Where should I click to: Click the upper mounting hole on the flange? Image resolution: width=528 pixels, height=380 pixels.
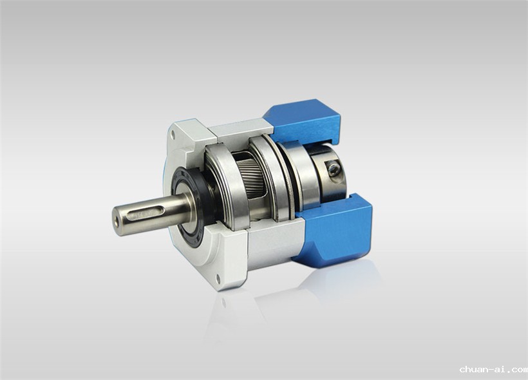(x=173, y=135)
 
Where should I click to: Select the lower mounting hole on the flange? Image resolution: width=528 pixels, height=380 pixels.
(x=218, y=279)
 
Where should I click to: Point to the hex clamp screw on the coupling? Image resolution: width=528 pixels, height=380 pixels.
(x=334, y=167)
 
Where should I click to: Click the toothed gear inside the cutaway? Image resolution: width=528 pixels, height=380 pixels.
(x=249, y=178)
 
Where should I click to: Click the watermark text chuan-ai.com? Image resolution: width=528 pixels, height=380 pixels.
(x=493, y=370)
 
